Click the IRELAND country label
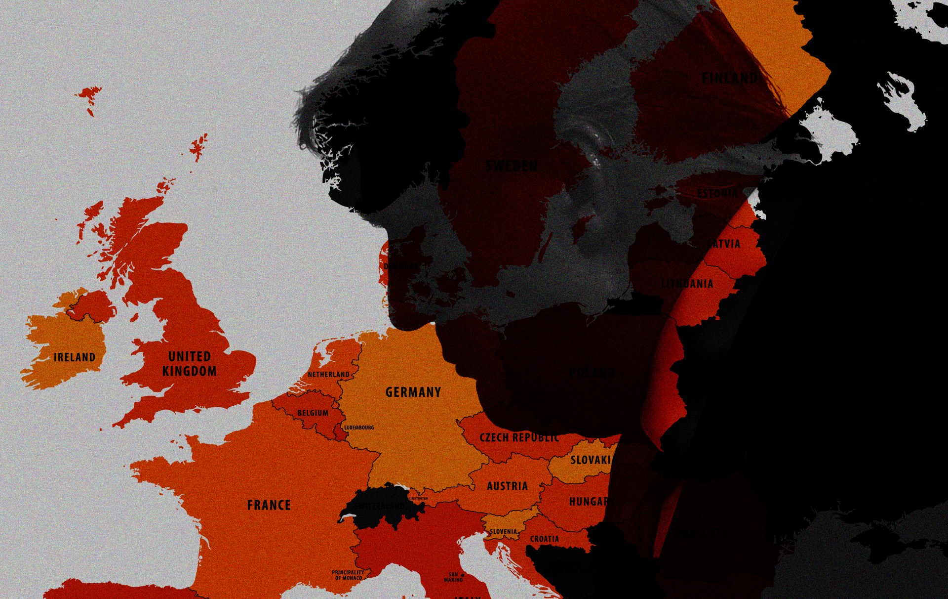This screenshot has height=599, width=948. click(75, 357)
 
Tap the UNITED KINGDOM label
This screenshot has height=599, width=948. click(190, 364)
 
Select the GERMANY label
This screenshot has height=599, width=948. click(413, 392)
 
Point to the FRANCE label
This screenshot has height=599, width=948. click(269, 505)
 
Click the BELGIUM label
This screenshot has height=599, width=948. click(313, 413)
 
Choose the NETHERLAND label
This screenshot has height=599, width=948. click(328, 375)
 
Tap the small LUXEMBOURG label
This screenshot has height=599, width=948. click(359, 428)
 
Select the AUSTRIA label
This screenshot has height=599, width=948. click(507, 486)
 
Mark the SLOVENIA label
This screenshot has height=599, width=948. click(503, 532)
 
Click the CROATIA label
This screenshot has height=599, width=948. click(545, 539)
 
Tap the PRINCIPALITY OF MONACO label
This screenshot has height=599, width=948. click(348, 575)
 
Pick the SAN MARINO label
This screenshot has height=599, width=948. click(453, 577)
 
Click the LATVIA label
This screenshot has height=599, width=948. click(724, 244)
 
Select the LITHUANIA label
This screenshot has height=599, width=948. click(687, 284)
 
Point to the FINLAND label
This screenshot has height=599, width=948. click(729, 78)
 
